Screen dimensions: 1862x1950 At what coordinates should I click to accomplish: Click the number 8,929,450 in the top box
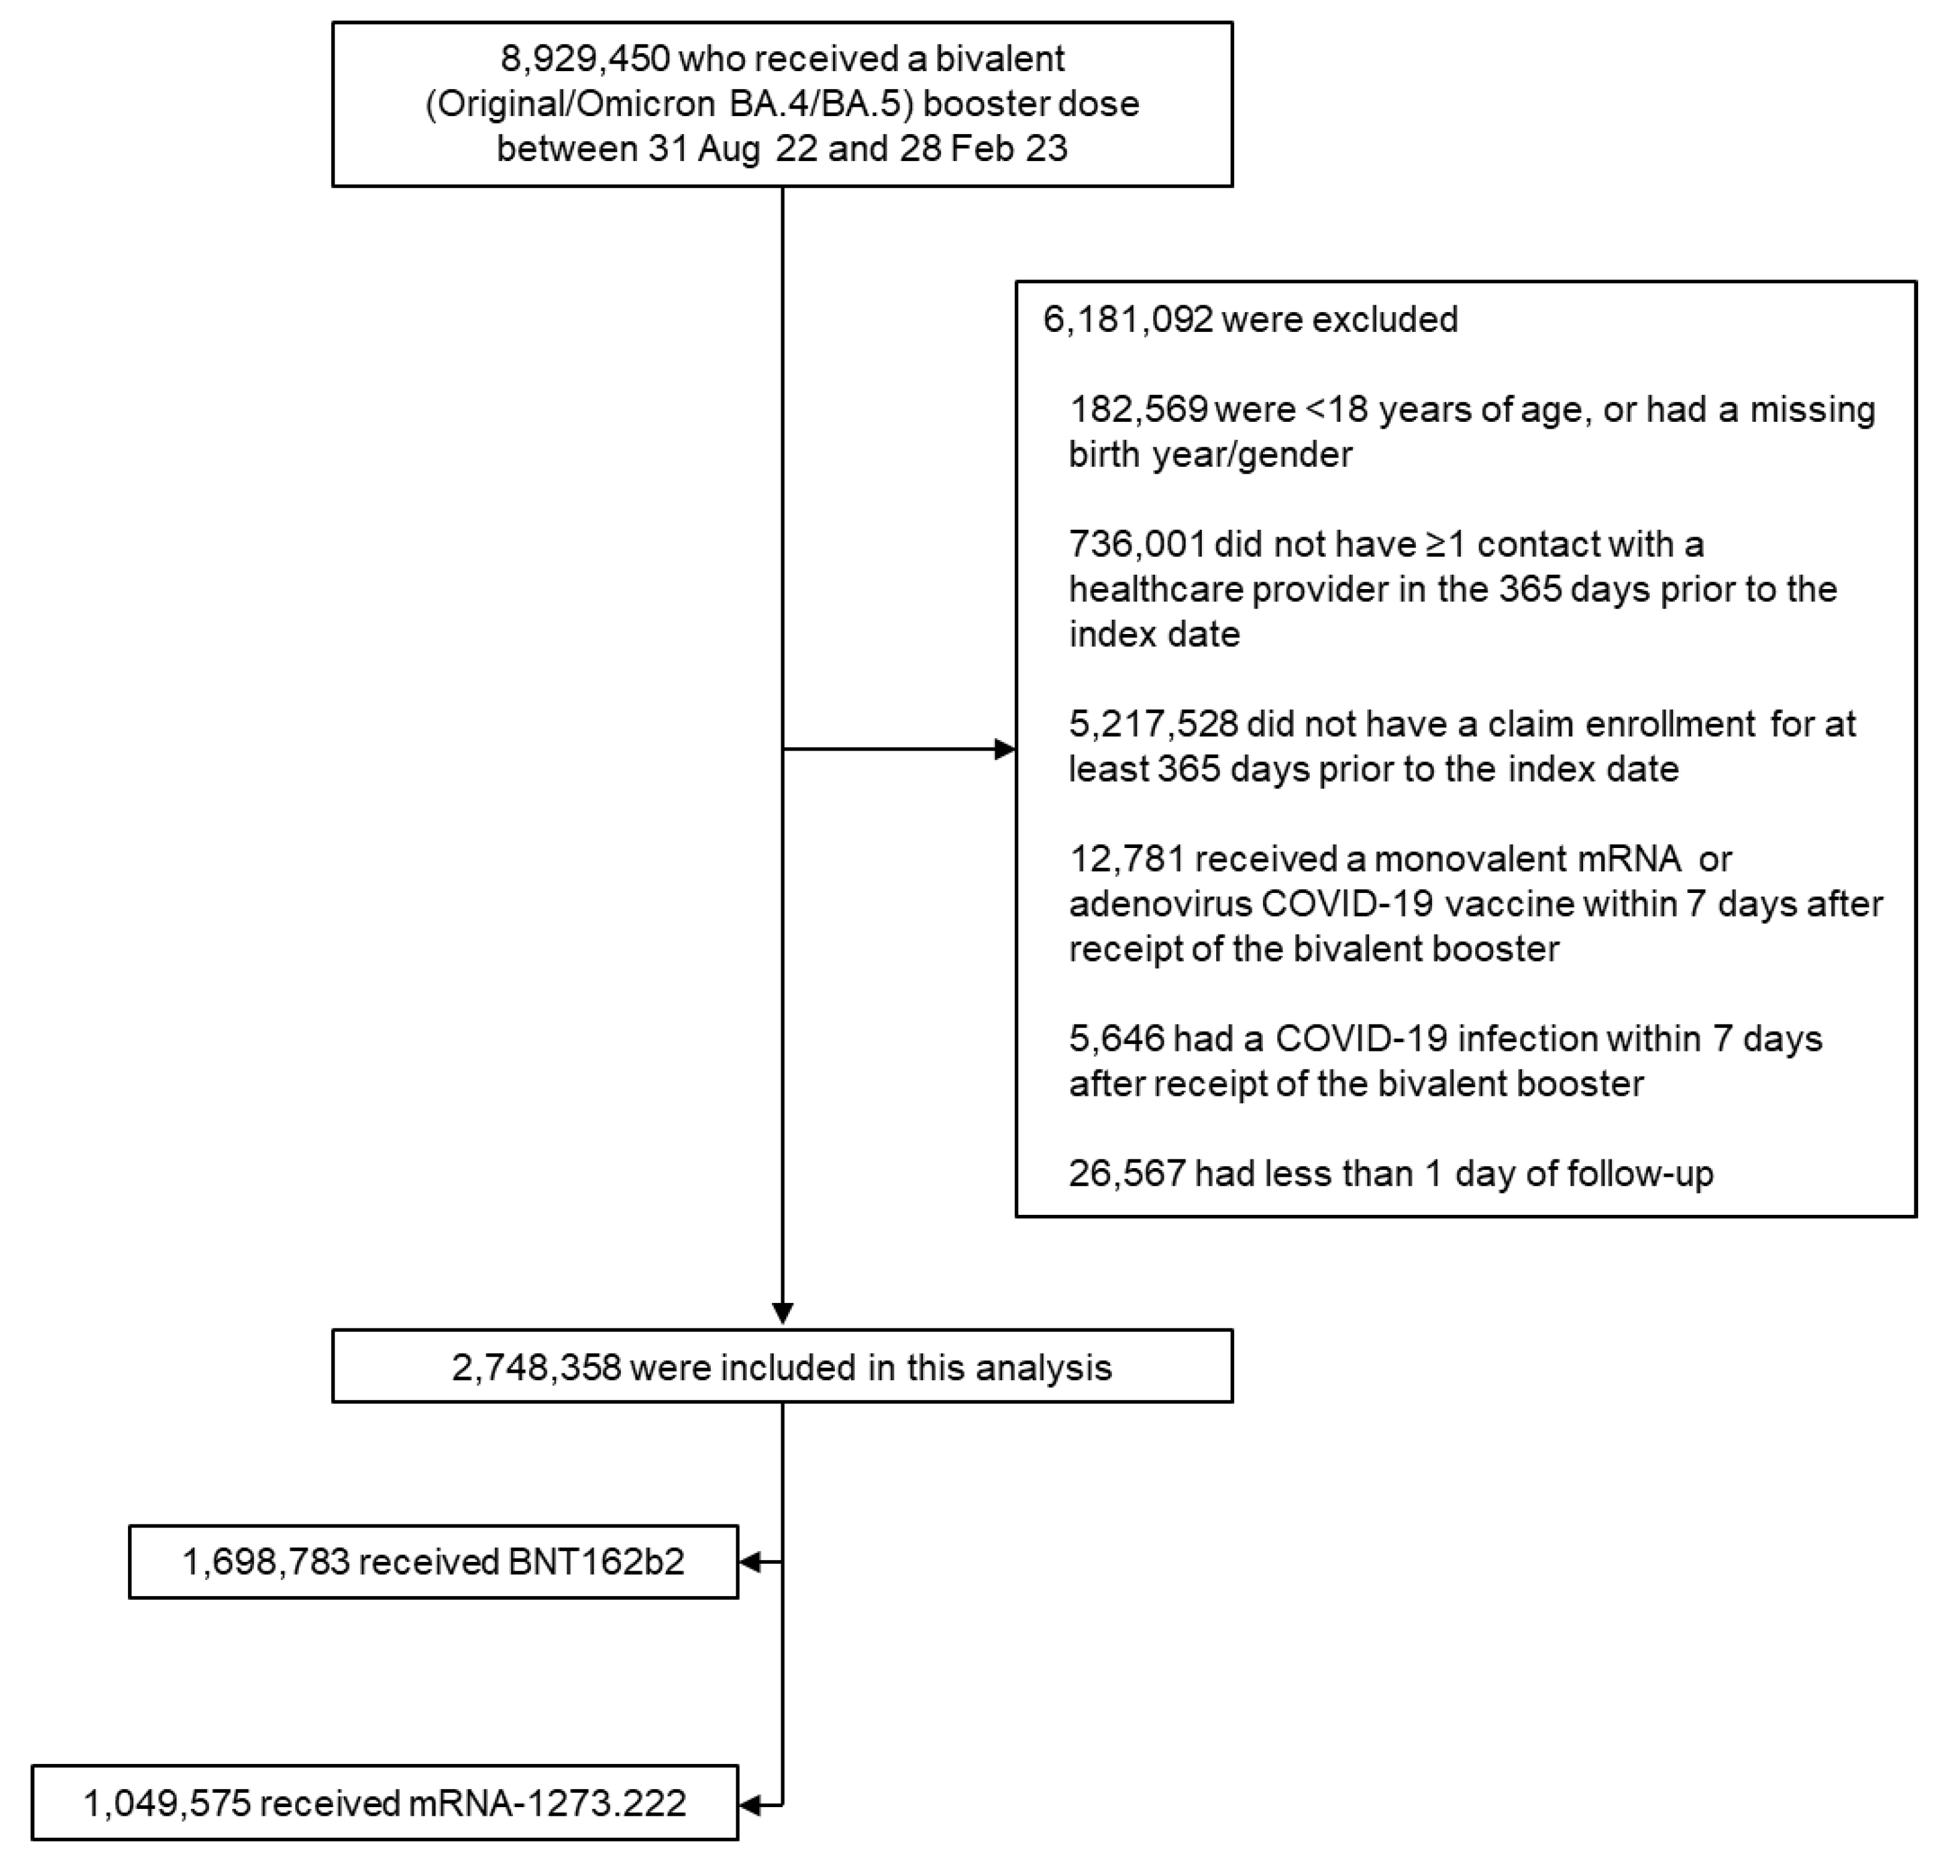coord(585,59)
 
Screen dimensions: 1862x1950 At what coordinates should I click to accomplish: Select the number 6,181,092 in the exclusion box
coord(1128,319)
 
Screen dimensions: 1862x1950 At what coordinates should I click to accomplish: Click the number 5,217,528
coord(1153,724)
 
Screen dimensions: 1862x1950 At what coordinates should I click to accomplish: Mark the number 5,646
coord(1116,1038)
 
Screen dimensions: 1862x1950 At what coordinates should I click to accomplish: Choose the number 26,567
coord(1126,1173)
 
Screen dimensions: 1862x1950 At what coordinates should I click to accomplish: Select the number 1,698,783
coord(266,1561)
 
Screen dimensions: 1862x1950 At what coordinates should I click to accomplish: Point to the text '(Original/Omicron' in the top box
coord(570,104)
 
